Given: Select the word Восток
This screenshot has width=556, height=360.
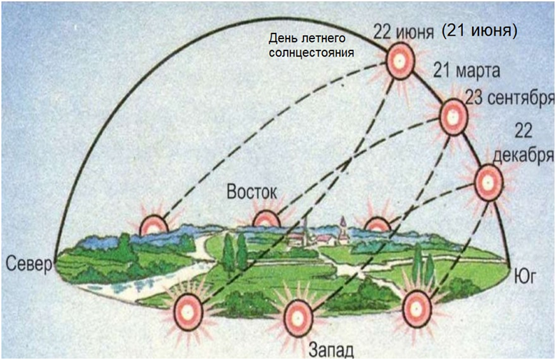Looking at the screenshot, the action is [x=251, y=192].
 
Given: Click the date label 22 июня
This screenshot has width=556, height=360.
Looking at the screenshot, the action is [x=400, y=31].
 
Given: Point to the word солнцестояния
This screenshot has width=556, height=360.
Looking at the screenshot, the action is [x=311, y=52].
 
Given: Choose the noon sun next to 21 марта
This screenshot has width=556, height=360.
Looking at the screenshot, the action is [x=453, y=115].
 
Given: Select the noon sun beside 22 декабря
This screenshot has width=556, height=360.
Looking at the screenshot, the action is [x=487, y=182].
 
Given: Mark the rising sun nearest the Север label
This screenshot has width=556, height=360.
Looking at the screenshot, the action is [x=154, y=224].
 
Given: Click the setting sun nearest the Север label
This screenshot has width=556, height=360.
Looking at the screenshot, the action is [x=188, y=308].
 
